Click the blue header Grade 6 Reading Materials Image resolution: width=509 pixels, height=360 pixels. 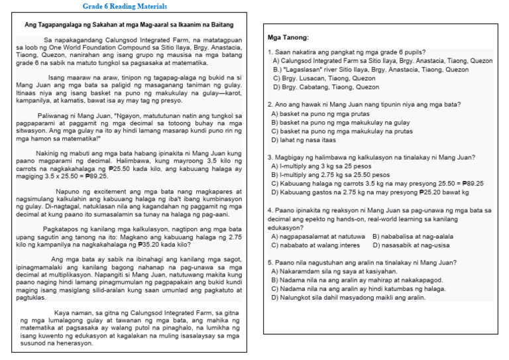(x=125, y=7)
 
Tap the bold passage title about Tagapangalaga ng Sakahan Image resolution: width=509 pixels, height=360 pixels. (x=129, y=25)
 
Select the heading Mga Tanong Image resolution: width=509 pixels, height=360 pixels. (x=288, y=37)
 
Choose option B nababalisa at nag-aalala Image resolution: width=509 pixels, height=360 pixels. (x=412, y=236)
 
